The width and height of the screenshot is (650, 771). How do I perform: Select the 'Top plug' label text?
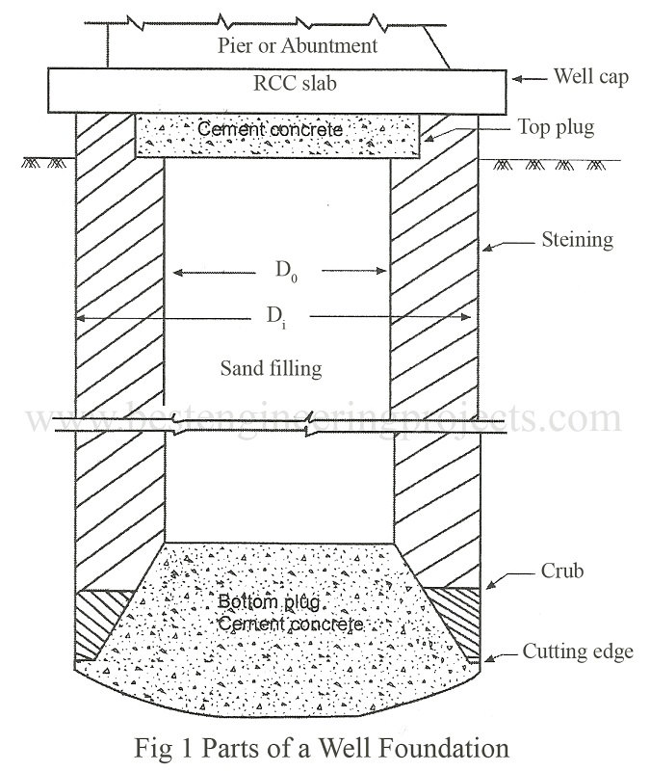click(x=557, y=127)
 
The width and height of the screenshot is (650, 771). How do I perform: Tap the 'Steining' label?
click(x=579, y=239)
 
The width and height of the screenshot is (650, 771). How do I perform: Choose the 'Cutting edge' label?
click(x=578, y=652)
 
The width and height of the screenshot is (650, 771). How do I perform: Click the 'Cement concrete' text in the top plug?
click(x=270, y=129)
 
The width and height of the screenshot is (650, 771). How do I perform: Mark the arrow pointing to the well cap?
click(x=528, y=77)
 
